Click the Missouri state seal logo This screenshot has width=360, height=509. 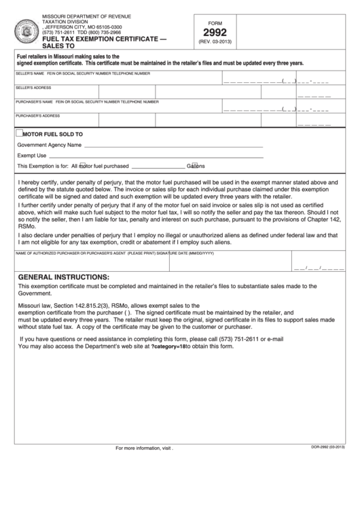tap(28, 31)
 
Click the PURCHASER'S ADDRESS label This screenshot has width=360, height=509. tap(38, 116)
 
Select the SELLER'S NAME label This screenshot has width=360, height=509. tap(30, 73)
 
